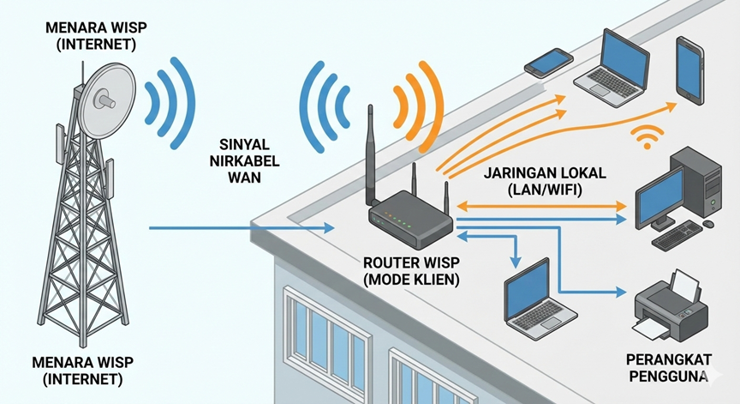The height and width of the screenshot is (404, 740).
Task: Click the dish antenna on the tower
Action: pyautogui.click(x=104, y=98)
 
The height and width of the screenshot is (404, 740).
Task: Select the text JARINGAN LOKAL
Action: pyautogui.click(x=534, y=173)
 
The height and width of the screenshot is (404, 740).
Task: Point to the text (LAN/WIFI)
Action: pyautogui.click(x=534, y=190)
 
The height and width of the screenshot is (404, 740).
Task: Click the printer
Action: pyautogui.click(x=671, y=304)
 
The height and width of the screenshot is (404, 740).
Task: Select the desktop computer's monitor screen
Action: pyautogui.click(x=659, y=194)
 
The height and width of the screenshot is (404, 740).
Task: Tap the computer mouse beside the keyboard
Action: pyautogui.click(x=708, y=224)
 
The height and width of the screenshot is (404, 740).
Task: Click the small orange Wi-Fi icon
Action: pyautogui.click(x=648, y=136)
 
